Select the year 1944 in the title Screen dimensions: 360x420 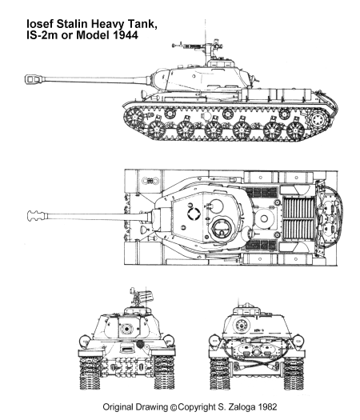(x=126, y=36)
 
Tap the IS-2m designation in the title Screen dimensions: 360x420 (x=42, y=36)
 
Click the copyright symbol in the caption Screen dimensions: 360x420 (x=174, y=407)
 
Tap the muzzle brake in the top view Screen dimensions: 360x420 (x=35, y=216)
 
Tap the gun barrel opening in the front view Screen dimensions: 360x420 (x=126, y=328)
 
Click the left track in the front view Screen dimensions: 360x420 (x=90, y=372)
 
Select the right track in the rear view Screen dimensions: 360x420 (x=294, y=373)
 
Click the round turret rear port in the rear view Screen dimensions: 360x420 (x=242, y=326)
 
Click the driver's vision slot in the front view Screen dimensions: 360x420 (x=126, y=350)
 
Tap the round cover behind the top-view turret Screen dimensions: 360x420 (x=264, y=218)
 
